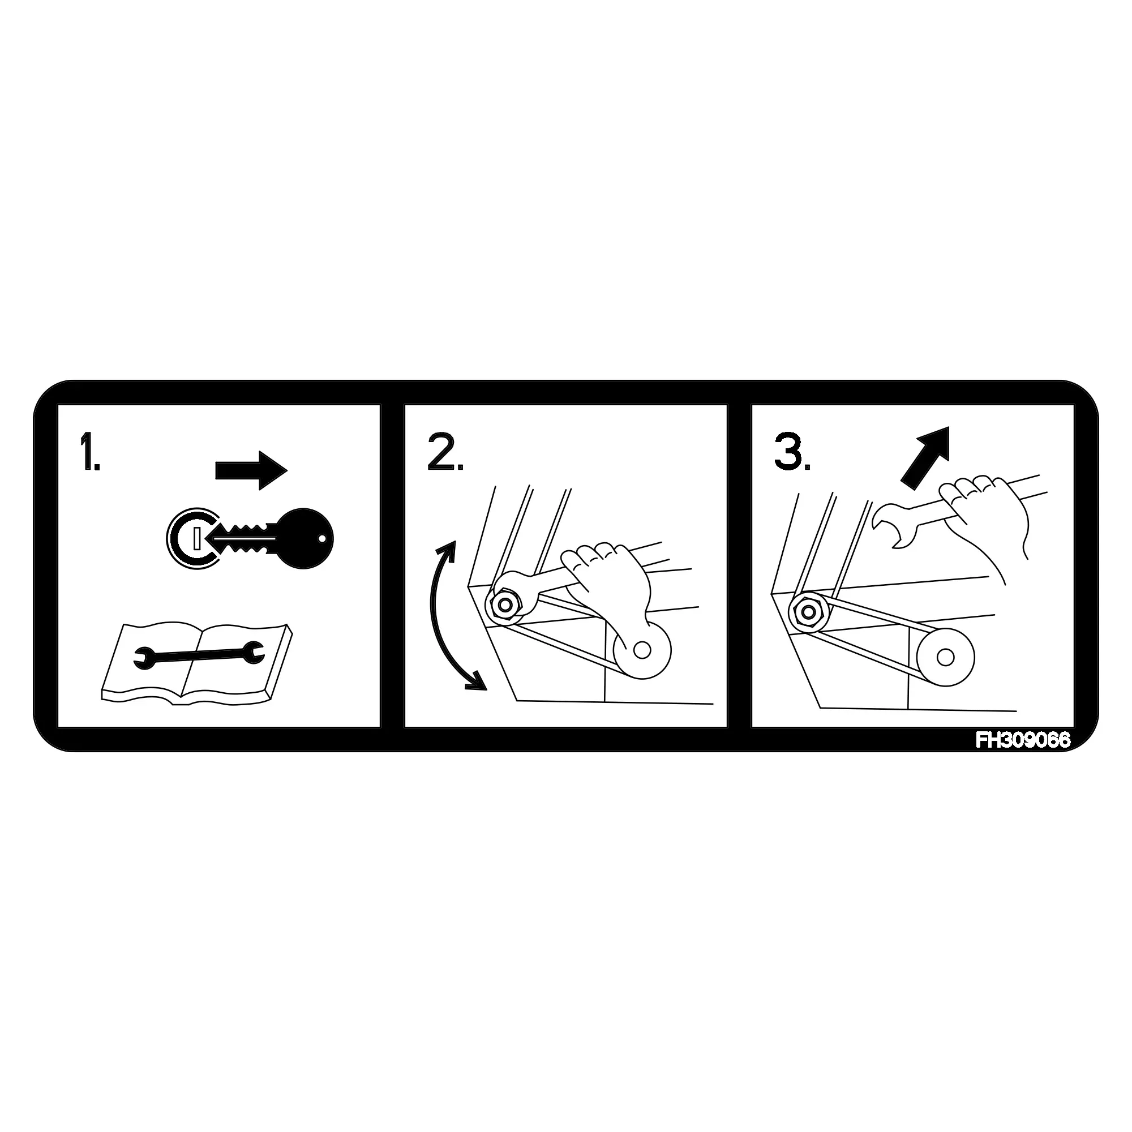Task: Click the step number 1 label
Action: (89, 451)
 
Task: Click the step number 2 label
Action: (445, 451)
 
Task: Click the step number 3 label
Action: (792, 451)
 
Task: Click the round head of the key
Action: (306, 538)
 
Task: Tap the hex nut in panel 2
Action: (503, 604)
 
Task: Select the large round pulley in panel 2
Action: (642, 650)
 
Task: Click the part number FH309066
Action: (1022, 740)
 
